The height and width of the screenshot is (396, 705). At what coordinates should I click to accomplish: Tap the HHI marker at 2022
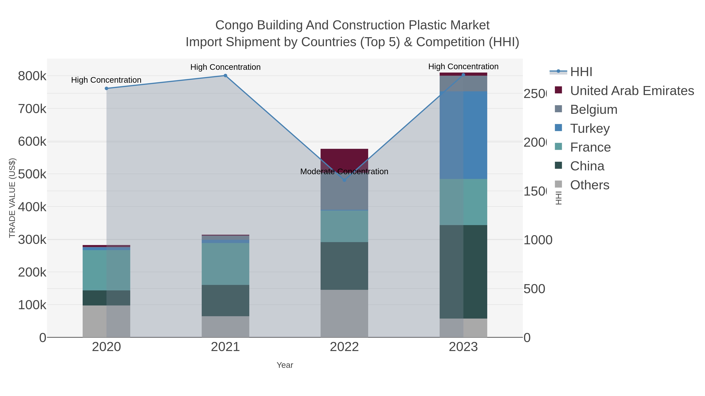click(x=344, y=180)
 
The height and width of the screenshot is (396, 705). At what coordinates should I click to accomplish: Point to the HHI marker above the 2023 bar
click(x=463, y=75)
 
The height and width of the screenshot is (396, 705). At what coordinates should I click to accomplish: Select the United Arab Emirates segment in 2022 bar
click(x=344, y=159)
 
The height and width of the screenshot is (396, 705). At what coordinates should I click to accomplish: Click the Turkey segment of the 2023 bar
click(x=463, y=135)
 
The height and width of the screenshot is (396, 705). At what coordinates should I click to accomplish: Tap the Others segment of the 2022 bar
click(x=344, y=313)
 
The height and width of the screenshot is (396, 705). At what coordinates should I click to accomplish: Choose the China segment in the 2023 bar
click(x=463, y=272)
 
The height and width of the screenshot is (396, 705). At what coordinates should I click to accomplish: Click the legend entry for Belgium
click(x=594, y=110)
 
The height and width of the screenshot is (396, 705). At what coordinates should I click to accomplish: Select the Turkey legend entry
click(x=590, y=128)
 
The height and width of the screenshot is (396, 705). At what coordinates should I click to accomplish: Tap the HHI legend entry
click(x=581, y=72)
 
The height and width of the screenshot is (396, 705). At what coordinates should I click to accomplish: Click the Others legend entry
click(x=589, y=185)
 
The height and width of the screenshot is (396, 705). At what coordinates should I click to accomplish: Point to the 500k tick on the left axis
click(x=32, y=174)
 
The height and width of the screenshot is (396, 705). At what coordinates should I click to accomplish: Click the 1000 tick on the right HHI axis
click(x=538, y=240)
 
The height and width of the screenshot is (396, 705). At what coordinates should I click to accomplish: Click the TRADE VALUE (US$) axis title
click(x=12, y=198)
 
